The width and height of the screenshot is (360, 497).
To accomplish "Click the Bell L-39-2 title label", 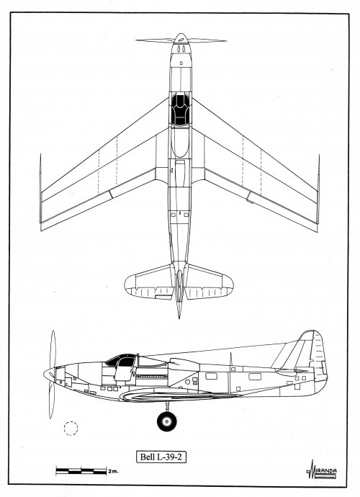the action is pos(161,457).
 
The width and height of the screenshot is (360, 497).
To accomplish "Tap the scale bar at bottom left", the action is pos(81,470).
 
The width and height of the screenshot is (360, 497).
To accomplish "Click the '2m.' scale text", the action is pos(113,471).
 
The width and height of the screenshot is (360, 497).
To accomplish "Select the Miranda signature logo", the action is pos(321,470).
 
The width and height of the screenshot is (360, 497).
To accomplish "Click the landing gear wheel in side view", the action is pos(167,421).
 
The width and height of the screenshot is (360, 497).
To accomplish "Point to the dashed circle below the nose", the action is pos(71,429).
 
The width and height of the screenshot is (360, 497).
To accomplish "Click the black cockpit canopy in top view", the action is pos(180,109).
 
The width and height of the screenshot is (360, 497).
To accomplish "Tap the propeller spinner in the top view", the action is pos(181,39).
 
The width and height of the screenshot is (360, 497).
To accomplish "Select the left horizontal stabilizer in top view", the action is pos(148,282).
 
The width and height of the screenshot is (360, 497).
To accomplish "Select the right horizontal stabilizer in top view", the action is pos(209,282).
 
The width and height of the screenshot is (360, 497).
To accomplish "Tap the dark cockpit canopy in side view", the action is pos(120,359).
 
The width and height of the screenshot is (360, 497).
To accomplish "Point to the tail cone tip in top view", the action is pos(179,318).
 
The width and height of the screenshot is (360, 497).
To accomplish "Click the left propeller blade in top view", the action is pos(156,40).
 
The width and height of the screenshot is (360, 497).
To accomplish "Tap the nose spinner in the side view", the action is pos(50,375).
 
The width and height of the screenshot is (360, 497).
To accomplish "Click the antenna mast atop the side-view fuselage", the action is pos(230,359).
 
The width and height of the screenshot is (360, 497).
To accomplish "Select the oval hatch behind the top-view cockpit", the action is pos(180,142).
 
